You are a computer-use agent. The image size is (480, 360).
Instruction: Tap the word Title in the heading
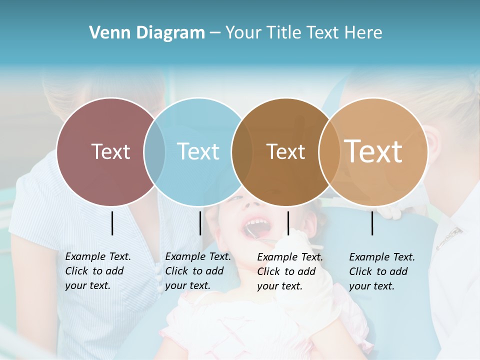coord(285,33)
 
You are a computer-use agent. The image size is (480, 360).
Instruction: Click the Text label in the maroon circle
coord(110,151)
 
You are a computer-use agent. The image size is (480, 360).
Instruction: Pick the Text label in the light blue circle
coord(198,151)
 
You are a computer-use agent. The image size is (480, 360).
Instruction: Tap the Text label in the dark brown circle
coord(285,151)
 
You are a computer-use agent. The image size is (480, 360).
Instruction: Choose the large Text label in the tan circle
coord(373,151)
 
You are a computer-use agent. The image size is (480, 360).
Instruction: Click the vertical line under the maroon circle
coord(112,223)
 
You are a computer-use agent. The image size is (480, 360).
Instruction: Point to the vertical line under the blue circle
coord(200,223)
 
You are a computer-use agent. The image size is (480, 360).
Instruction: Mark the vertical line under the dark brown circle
coord(288,223)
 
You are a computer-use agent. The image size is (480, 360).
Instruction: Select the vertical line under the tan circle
coord(372,223)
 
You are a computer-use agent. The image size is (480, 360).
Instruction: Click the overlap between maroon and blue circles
coord(154,151)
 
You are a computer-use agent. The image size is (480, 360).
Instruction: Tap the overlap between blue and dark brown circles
coord(242,151)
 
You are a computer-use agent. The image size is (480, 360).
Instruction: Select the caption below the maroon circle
coord(98,271)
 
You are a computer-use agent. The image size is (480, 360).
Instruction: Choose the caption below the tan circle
coord(382,271)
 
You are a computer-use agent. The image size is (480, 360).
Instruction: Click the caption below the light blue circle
coord(198,271)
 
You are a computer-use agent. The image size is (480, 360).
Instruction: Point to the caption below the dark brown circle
coord(290,271)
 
